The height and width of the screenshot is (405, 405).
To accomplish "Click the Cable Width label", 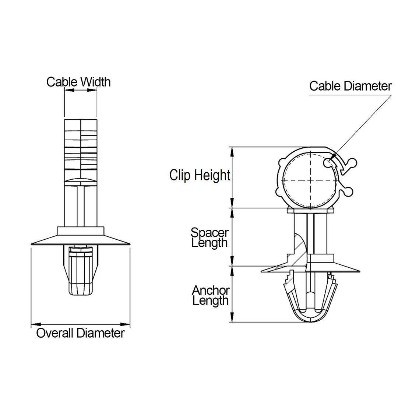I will click(78, 82).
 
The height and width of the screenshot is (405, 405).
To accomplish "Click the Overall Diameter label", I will click(80, 334).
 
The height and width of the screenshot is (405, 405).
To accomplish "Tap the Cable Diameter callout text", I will click(350, 86).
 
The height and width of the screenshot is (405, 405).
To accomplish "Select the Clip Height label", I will click(200, 175).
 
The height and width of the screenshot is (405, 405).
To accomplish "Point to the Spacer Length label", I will click(209, 237).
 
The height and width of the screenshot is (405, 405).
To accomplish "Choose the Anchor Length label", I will click(211, 295).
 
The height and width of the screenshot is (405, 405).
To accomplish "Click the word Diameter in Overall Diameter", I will click(101, 334).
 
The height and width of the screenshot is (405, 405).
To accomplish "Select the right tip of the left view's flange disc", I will click(129, 243).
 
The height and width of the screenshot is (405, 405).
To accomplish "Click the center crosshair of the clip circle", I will click(310, 180).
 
